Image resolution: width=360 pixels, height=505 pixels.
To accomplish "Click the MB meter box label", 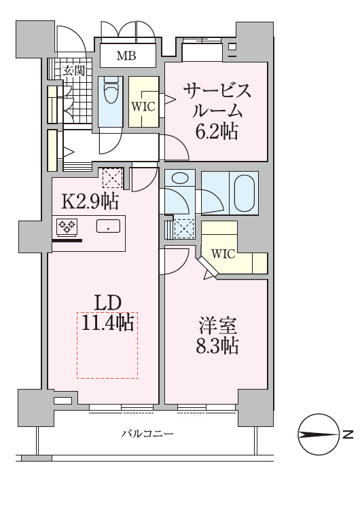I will coord(126,56).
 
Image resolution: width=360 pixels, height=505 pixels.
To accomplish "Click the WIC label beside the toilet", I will coord(143,106).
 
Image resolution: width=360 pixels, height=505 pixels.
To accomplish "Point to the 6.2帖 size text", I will coord(217,132).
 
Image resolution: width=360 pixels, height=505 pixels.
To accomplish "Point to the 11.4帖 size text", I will coord(107,323).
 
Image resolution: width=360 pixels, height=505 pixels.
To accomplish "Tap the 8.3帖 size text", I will coord(217,346).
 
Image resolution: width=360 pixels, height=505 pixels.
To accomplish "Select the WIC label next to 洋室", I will coord(223,254).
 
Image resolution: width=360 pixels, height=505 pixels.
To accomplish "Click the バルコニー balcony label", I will coord(148,433).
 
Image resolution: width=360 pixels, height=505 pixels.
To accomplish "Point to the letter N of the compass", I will coord(347,434).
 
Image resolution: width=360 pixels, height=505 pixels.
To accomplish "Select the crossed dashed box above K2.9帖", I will coord(111,179).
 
